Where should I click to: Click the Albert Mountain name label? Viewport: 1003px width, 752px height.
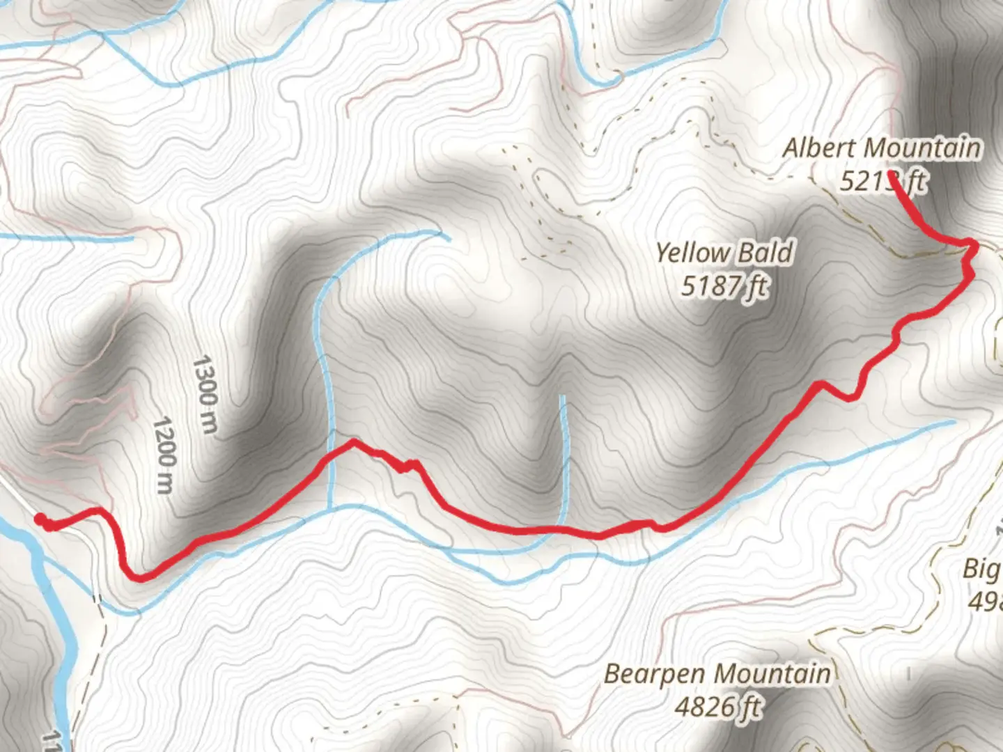click(882, 148)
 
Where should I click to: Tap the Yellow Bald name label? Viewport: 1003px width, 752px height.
click(724, 252)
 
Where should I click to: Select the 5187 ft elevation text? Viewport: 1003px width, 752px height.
click(724, 285)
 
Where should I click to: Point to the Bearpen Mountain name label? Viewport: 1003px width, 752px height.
click(717, 674)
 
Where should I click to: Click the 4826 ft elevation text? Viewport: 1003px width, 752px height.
click(717, 707)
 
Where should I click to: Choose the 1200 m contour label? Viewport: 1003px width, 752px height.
click(164, 455)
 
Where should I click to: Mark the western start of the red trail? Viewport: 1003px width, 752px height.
click(39, 519)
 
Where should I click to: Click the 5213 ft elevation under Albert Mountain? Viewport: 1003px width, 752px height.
click(882, 181)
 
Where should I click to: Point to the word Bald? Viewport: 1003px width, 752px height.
click(765, 252)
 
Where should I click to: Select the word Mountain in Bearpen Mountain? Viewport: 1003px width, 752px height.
click(773, 674)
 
